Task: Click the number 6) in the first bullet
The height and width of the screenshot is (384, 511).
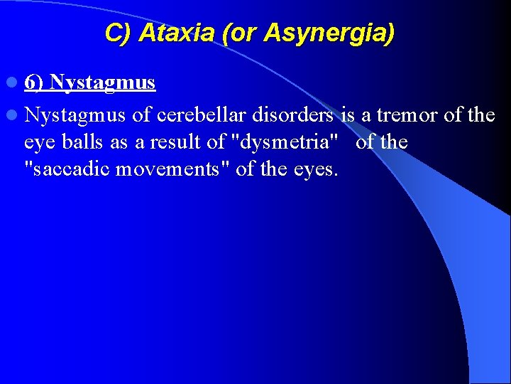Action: pos(34,82)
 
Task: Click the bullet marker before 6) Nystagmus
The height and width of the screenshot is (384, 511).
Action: pos(14,83)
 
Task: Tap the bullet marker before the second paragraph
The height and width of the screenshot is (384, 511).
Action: pos(14,114)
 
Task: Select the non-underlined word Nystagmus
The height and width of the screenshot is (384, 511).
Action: pos(75,114)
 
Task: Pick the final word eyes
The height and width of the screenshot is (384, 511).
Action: pos(314,169)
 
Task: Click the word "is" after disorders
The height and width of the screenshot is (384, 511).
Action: pos(347,114)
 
